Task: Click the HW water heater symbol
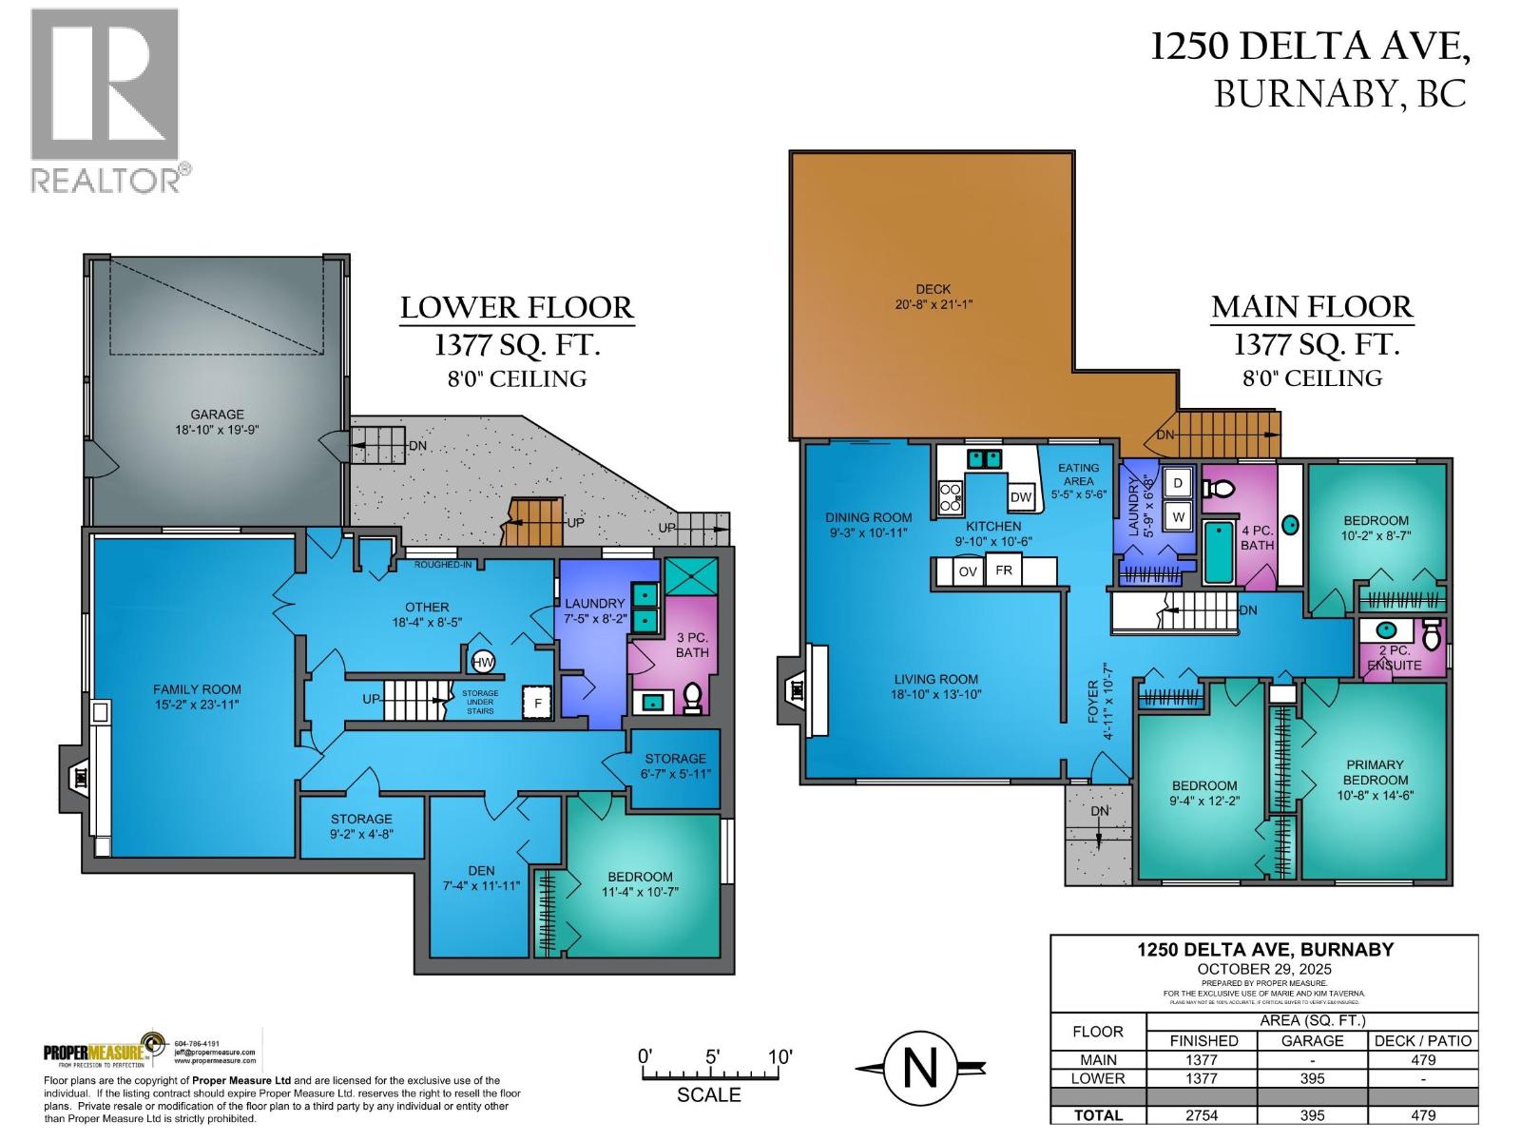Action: pos(483,662)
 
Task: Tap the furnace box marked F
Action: pos(537,704)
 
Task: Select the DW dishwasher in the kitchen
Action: pos(1021,497)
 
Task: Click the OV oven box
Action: pos(968,571)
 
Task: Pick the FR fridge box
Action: pos(1003,570)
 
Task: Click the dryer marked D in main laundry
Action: pos(1179,483)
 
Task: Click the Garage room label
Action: pos(217,415)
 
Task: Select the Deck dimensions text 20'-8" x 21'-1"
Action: pos(932,304)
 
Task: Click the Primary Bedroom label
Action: pos(1375,772)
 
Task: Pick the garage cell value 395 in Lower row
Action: pos(1312,1078)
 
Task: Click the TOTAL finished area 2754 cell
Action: pos(1203,1115)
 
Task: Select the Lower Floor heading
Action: pos(516,308)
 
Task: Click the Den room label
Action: pos(481,870)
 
